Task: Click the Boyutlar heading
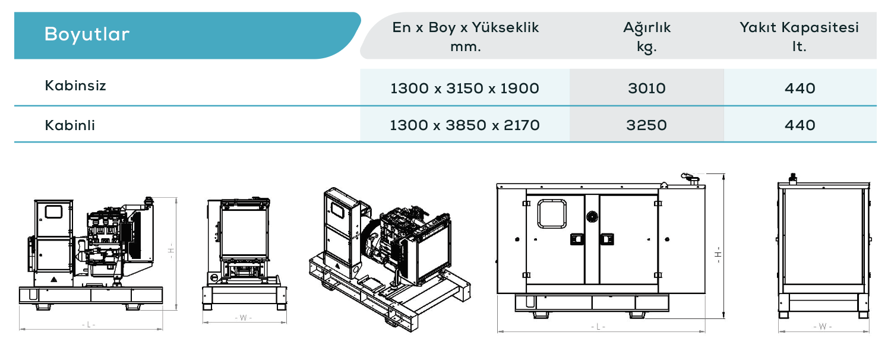coord(87,34)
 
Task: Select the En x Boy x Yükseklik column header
coord(465,37)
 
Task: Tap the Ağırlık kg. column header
coord(647,37)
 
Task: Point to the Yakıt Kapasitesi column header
coord(799,37)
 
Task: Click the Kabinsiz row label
coord(75,86)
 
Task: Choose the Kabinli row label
coord(69,125)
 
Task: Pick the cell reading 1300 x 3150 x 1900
coord(465,89)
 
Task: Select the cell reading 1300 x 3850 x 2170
coord(465,125)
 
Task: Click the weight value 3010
coord(647,89)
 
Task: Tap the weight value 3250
coord(646,125)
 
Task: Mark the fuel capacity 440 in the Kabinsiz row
coord(800,89)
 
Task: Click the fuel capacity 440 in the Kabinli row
coord(800,125)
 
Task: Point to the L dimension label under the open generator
coord(89,325)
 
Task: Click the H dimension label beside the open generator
coord(171,251)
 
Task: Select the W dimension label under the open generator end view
coord(244,318)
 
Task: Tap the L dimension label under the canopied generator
coord(598,327)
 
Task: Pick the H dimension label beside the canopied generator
coord(718,255)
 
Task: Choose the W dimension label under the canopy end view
coord(823,327)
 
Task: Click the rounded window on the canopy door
coord(552,214)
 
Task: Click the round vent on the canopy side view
coord(592,217)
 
